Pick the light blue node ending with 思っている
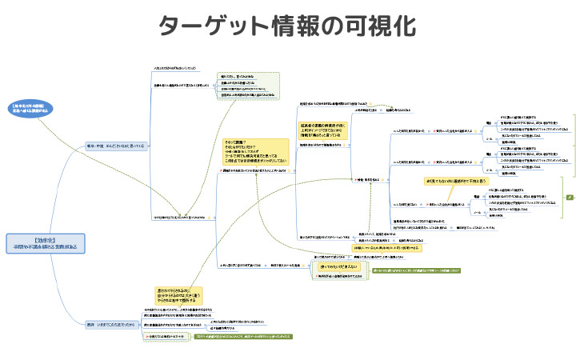(117, 146)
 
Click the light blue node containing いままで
(117, 324)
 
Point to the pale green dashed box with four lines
(248, 85)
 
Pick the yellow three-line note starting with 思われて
(178, 296)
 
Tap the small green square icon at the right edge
(569, 196)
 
